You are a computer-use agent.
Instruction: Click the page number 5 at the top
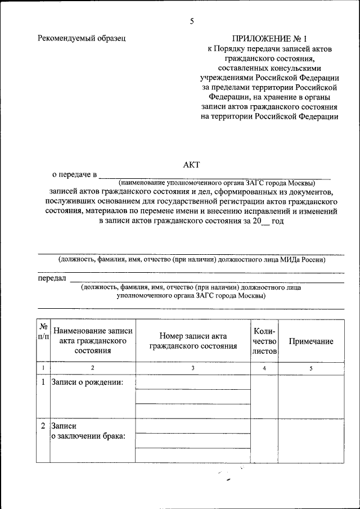[x=192, y=21]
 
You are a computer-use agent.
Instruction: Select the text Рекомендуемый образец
[x=82, y=38]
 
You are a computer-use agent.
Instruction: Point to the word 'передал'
[x=52, y=278]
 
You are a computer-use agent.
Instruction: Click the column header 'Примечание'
[x=310, y=341]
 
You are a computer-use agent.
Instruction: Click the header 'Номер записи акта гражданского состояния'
[x=193, y=341]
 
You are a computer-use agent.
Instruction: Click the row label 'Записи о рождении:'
[x=87, y=382]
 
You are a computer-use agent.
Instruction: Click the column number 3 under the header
[x=193, y=368]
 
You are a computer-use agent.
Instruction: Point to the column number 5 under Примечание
[x=310, y=368]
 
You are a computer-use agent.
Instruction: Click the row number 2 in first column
[x=43, y=426]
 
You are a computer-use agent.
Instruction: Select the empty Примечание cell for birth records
[x=310, y=397]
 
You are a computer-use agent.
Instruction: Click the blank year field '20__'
[x=261, y=222]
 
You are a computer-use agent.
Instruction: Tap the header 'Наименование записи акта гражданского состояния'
[x=92, y=341]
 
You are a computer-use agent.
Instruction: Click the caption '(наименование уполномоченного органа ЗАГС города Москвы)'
[x=217, y=183]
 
